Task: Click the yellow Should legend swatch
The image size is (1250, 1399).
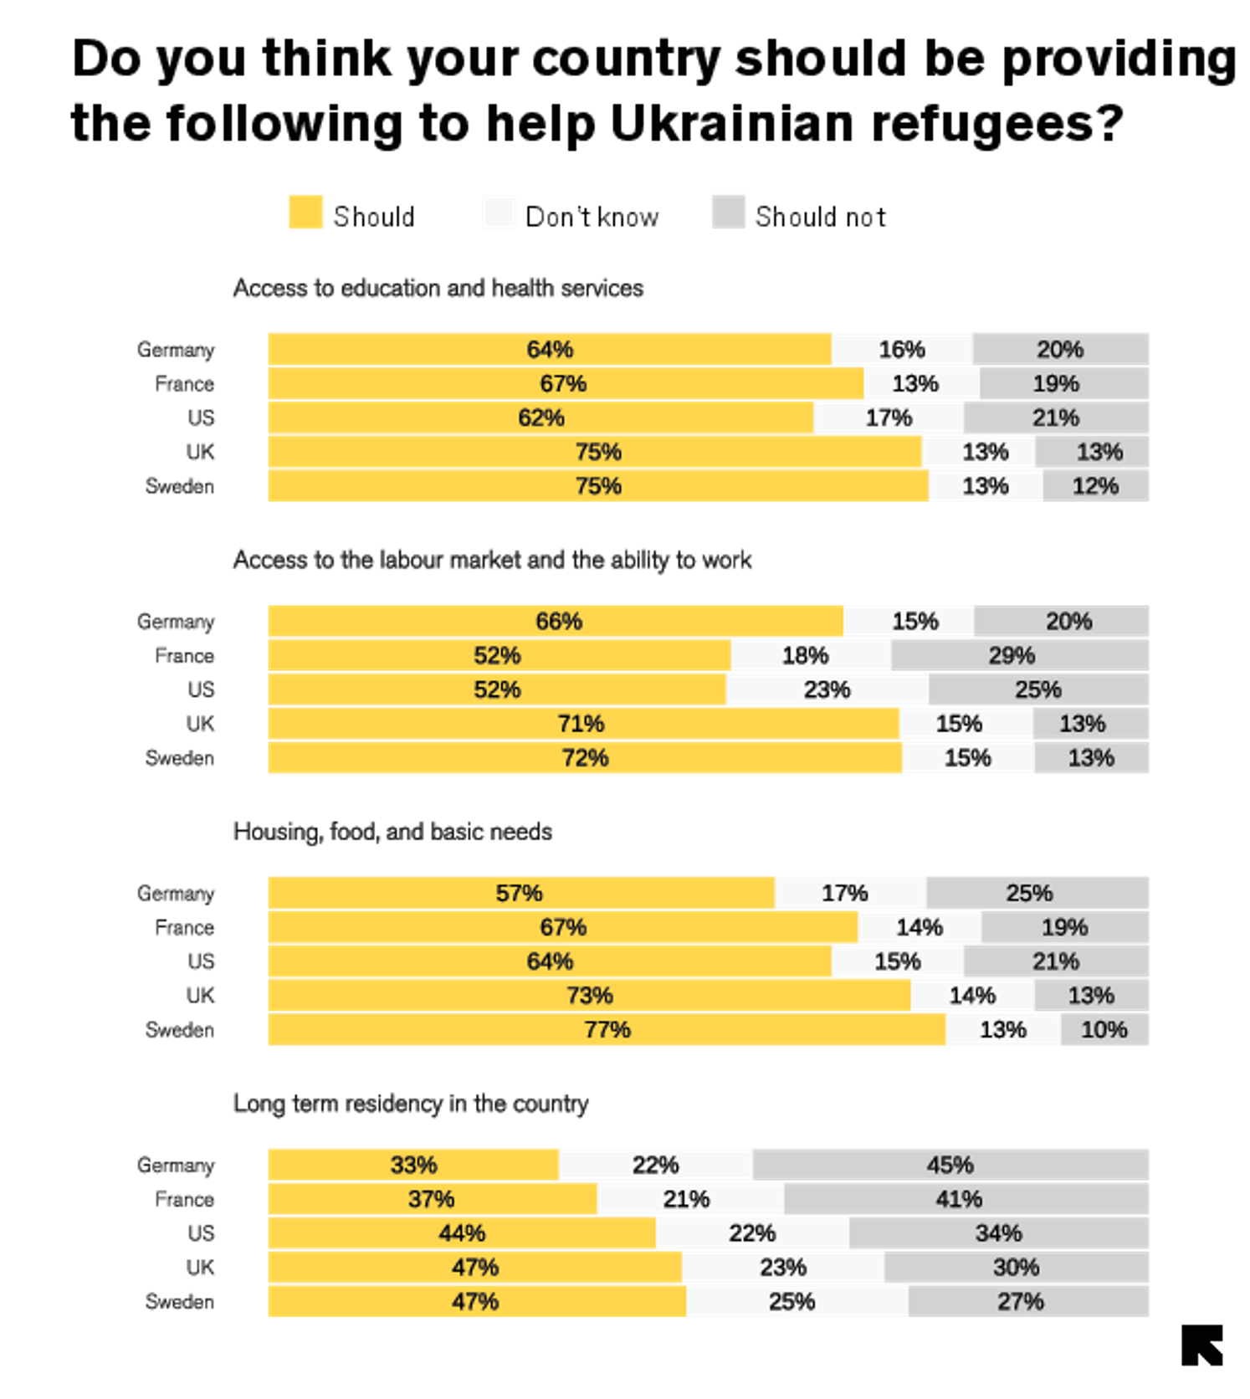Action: (x=305, y=213)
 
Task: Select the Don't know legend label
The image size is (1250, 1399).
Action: (x=592, y=217)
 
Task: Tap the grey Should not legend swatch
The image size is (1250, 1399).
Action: (x=728, y=213)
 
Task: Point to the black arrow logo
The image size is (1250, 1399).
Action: (x=1202, y=1345)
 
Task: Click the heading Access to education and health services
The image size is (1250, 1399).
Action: (x=438, y=288)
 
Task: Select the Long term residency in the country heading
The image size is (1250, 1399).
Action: (x=411, y=1104)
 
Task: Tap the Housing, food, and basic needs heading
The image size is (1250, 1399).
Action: (x=392, y=832)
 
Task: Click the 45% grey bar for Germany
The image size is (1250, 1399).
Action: (x=950, y=1165)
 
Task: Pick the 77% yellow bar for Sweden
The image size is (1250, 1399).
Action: (x=607, y=1029)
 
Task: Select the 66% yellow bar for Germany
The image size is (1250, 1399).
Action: (x=556, y=622)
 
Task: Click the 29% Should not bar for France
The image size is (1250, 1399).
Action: (x=1019, y=655)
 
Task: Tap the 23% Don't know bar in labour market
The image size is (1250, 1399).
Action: (x=827, y=689)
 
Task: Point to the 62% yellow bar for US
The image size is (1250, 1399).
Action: (x=540, y=418)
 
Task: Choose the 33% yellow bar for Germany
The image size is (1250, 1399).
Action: (x=413, y=1165)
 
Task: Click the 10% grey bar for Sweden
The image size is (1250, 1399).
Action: (x=1104, y=1029)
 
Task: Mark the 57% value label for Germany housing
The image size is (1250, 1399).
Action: (x=519, y=894)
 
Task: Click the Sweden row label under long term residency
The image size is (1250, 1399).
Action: (x=180, y=1302)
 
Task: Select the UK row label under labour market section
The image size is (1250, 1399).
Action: (x=201, y=724)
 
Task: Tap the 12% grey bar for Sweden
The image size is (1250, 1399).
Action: (x=1095, y=486)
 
